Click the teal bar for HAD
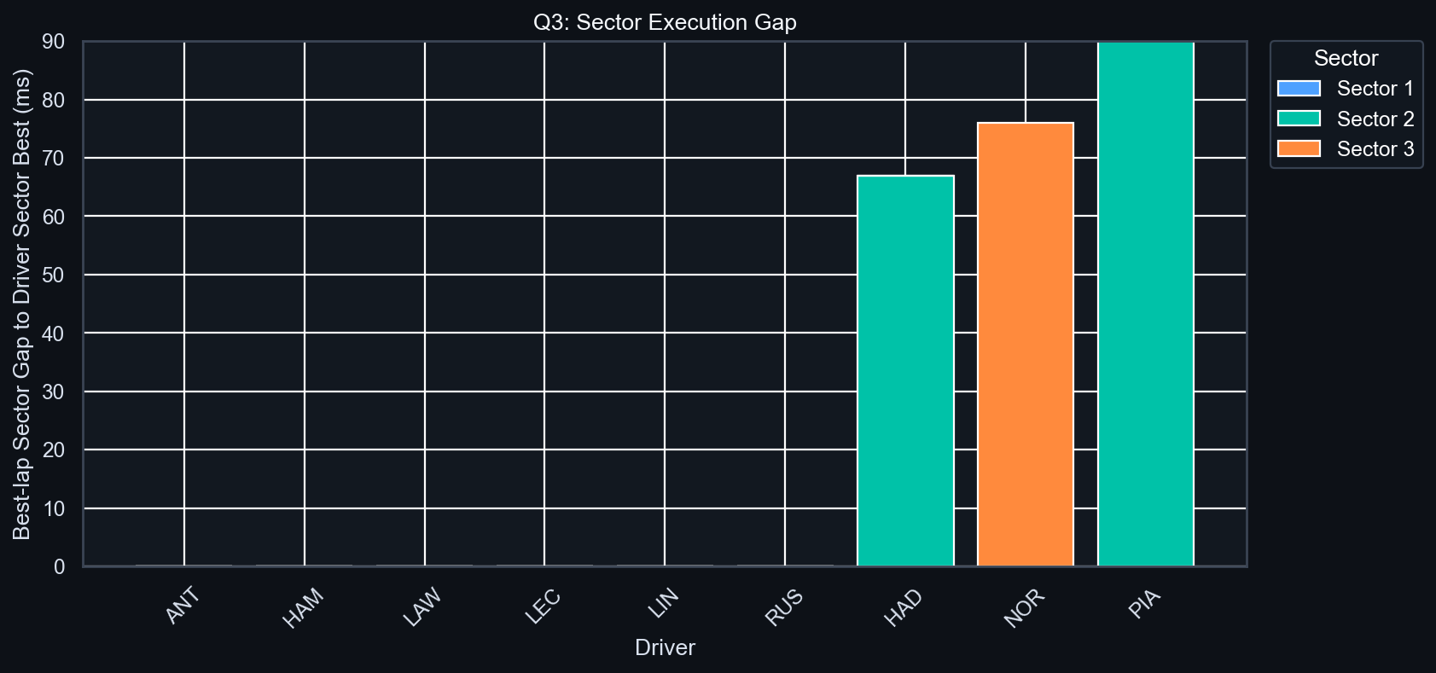[905, 371]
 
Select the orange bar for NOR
[1026, 345]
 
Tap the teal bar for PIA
[1145, 304]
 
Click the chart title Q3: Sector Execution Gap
[665, 22]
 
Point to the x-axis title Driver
[665, 647]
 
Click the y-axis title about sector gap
[22, 304]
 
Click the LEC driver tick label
[544, 606]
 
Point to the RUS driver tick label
[784, 606]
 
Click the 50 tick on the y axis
[54, 276]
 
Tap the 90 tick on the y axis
[54, 42]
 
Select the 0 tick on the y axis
[59, 567]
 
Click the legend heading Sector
[1346, 58]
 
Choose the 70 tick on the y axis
[54, 159]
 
